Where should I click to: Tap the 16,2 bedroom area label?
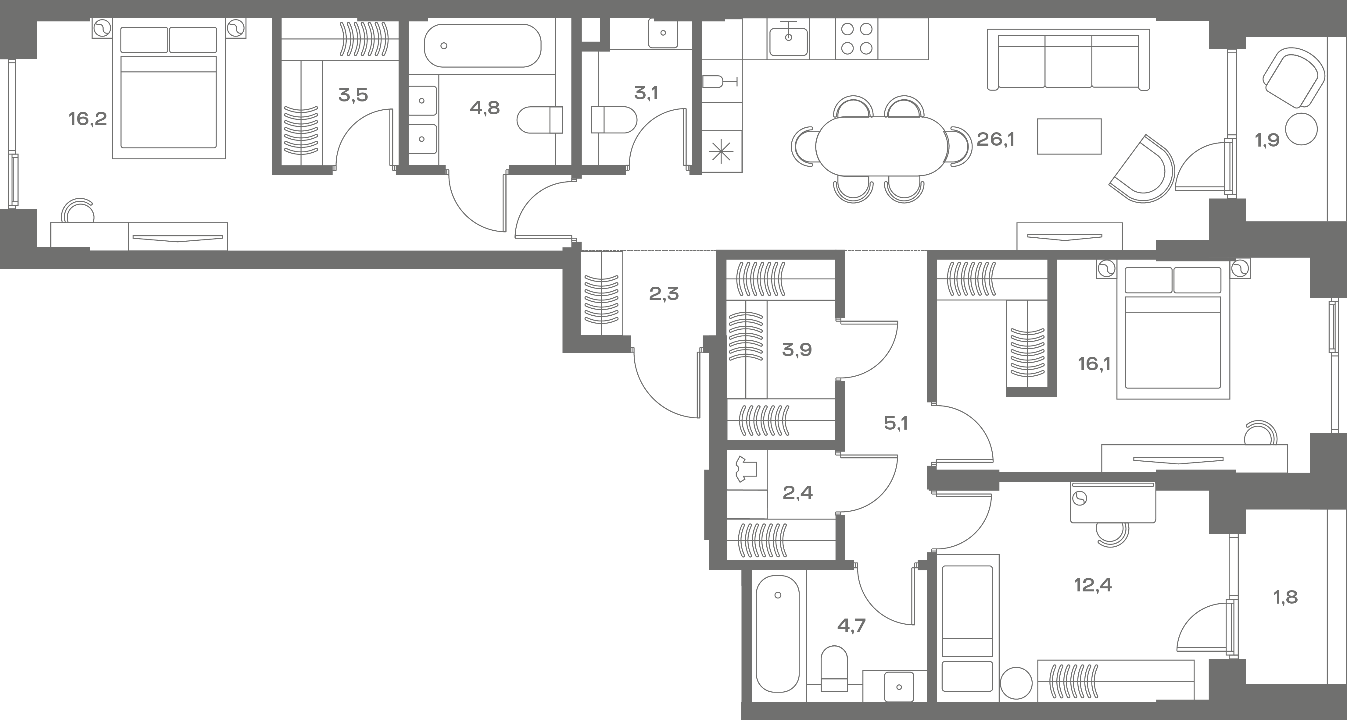pyautogui.click(x=87, y=119)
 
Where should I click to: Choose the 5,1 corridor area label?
pyautogui.click(x=896, y=423)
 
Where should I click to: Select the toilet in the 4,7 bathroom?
pyautogui.click(x=834, y=669)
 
